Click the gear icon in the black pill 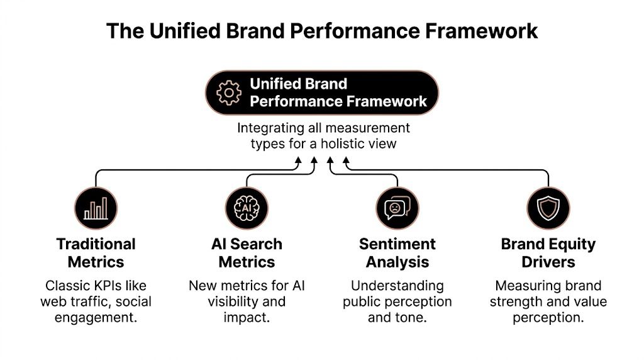pos(229,93)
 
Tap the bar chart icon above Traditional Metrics pos(96,208)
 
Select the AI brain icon pos(247,208)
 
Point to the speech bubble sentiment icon pos(397,208)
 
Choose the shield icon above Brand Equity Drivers pos(548,208)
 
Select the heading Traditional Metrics pos(96,253)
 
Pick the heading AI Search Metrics pos(247,253)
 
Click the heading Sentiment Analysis pos(397,253)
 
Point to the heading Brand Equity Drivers pos(548,253)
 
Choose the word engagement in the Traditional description pos(94,317)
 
